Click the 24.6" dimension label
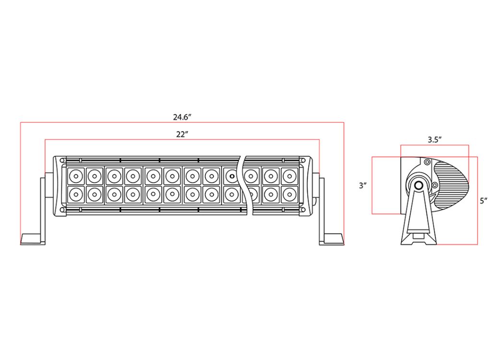pos(182,117)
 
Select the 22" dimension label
pos(181,134)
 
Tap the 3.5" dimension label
pos(434,140)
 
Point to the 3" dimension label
pos(362,185)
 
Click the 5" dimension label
pos(483,201)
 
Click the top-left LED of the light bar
pos(76,176)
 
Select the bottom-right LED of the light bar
pos(289,194)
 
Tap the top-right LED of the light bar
pos(289,176)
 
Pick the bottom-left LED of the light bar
pos(76,194)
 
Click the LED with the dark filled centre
pos(231,176)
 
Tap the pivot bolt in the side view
pos(419,185)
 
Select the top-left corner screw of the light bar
pos(62,160)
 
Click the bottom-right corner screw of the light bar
pos(303,210)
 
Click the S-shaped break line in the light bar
pos(244,185)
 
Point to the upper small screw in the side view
pos(427,162)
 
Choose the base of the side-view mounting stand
pos(419,239)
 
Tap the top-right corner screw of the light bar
pos(303,160)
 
